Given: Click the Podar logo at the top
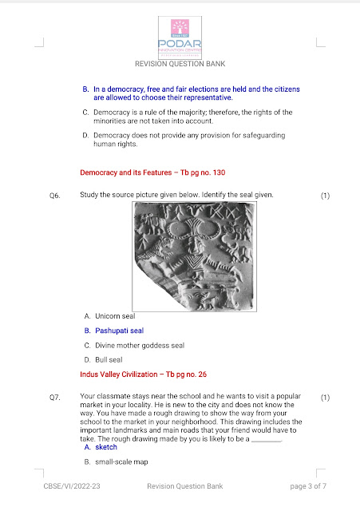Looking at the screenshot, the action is (x=180, y=38).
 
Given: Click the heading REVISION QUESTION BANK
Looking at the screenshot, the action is (x=180, y=64).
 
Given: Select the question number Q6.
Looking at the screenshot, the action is (x=55, y=196).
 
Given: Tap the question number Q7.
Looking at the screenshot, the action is (x=55, y=398).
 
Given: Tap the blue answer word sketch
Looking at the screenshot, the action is (x=106, y=447).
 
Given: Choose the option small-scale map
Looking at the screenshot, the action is (x=121, y=461).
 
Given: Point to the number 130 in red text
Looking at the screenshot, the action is (x=219, y=172).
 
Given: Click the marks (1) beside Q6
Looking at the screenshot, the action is (x=325, y=196).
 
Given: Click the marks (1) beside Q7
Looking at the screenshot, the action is (x=325, y=398).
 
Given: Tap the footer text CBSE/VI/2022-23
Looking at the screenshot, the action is (x=72, y=486).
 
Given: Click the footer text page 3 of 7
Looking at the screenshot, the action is (x=308, y=486).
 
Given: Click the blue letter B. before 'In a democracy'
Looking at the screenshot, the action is (x=85, y=89).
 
